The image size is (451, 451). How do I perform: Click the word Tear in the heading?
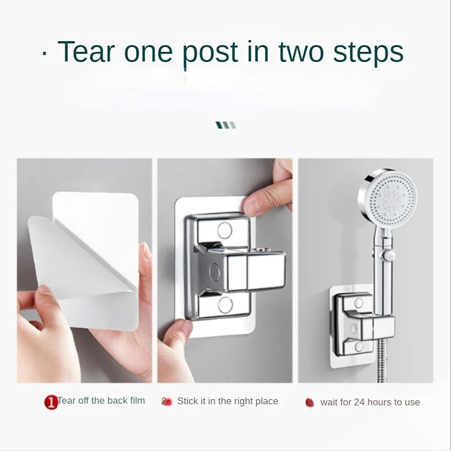click(x=86, y=51)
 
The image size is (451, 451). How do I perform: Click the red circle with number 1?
click(x=51, y=403)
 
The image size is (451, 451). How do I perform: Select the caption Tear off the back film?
click(x=101, y=400)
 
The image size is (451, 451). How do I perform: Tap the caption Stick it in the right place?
click(x=228, y=401)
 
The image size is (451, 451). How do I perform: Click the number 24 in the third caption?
click(x=360, y=402)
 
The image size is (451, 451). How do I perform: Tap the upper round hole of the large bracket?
click(x=224, y=230)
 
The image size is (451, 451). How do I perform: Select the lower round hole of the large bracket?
click(x=225, y=305)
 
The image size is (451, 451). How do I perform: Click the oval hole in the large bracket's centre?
click(x=215, y=272)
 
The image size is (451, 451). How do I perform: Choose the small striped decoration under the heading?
click(x=226, y=125)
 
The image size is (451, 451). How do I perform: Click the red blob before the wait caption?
click(x=309, y=403)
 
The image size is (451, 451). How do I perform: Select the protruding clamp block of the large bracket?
click(x=256, y=271)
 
